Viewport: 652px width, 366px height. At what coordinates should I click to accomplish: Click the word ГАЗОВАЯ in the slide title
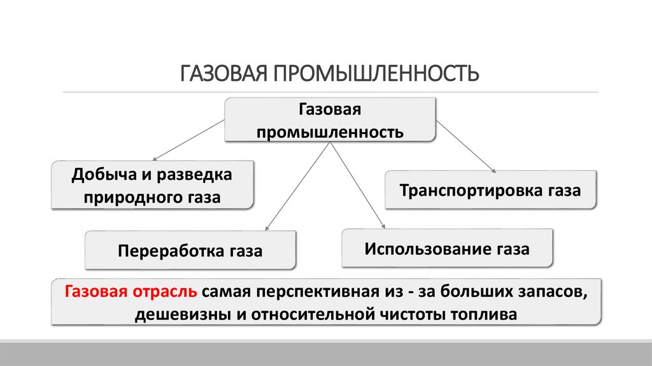point(223,71)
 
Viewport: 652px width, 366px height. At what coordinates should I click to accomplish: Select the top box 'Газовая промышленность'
point(329,120)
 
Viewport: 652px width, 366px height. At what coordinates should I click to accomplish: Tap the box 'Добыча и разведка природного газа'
point(152,185)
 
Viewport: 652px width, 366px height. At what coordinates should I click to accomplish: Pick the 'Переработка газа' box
point(190,251)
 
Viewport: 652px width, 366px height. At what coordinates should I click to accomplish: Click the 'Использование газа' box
point(447,248)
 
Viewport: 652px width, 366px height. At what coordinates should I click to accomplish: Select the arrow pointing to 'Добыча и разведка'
point(188,140)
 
